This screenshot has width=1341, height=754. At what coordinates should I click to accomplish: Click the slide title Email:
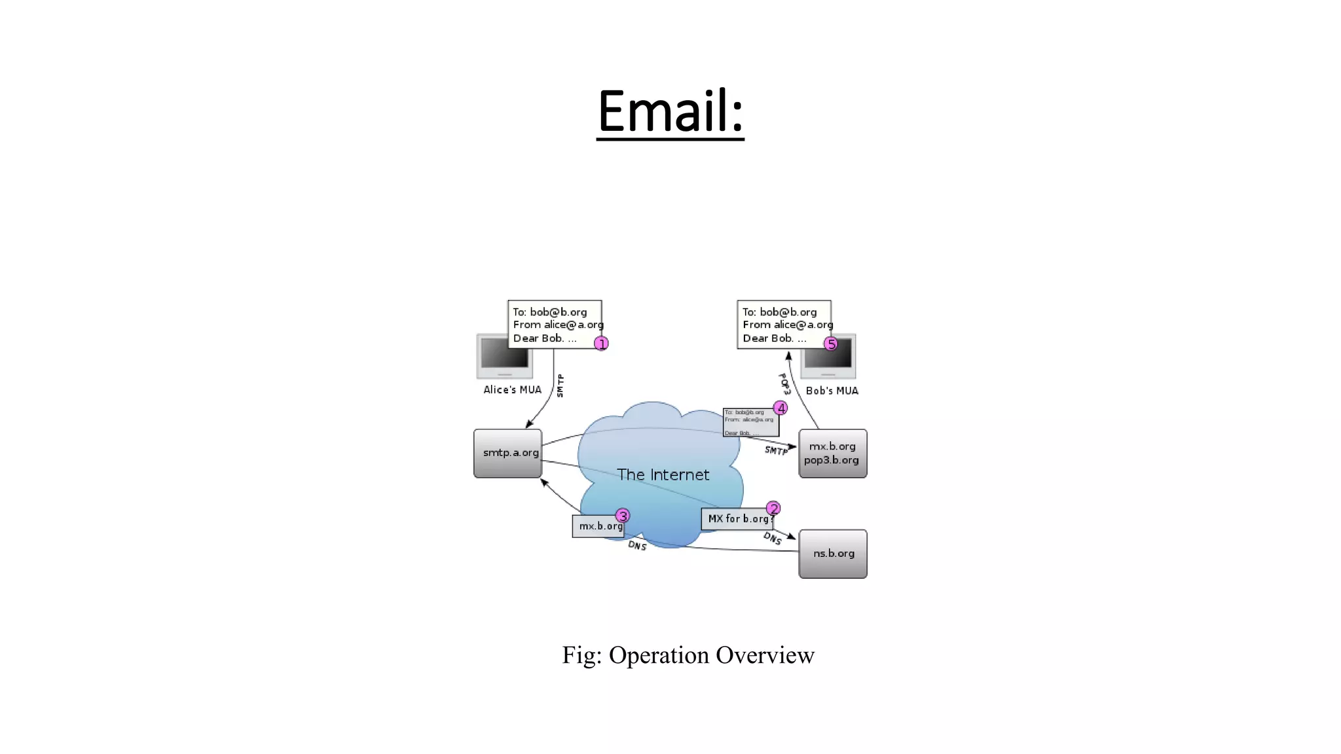click(x=670, y=111)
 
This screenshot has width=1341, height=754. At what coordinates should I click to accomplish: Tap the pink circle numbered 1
click(x=601, y=344)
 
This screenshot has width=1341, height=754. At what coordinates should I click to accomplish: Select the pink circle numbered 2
click(x=773, y=509)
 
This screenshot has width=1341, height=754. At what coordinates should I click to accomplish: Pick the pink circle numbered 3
click(x=623, y=516)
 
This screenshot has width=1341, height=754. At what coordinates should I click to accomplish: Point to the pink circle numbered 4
click(x=781, y=408)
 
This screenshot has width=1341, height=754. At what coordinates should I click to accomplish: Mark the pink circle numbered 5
click(x=831, y=344)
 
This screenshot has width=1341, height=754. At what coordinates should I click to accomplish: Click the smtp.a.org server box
click(x=508, y=453)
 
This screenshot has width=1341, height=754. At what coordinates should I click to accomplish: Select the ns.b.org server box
click(x=833, y=554)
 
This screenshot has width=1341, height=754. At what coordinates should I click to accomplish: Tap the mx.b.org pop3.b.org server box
click(x=833, y=453)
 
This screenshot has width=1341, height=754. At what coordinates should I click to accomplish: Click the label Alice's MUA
click(x=512, y=390)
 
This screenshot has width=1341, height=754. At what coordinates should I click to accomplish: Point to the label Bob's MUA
click(x=832, y=391)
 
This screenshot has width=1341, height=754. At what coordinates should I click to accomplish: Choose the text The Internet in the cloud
click(x=663, y=475)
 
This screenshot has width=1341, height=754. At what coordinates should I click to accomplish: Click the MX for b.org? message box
click(x=737, y=519)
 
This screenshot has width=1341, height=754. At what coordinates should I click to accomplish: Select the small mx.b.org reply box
click(x=597, y=526)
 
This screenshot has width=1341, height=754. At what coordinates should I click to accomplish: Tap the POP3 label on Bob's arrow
click(x=784, y=384)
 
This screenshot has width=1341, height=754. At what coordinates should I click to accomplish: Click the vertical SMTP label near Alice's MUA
click(x=560, y=386)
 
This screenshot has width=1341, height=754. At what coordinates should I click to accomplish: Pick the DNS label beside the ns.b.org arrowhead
click(x=773, y=538)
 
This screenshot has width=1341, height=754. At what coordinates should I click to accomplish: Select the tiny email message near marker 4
click(x=750, y=423)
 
